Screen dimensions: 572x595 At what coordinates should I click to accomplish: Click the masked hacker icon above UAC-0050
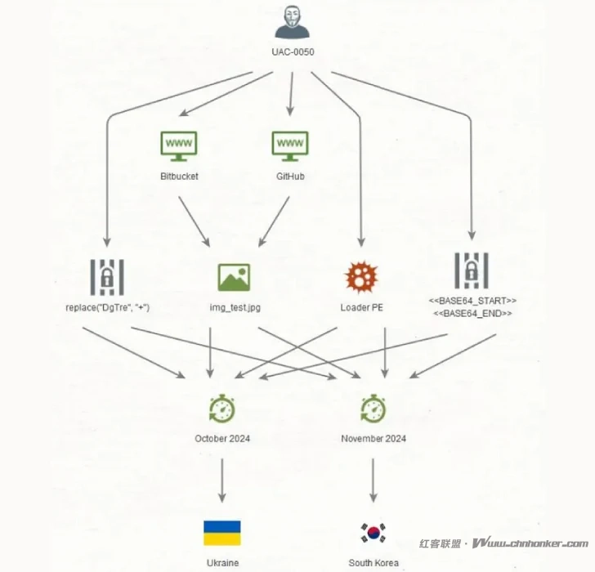click(293, 23)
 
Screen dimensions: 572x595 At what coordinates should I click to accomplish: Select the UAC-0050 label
click(293, 51)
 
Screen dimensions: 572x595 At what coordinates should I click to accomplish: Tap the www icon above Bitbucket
click(179, 145)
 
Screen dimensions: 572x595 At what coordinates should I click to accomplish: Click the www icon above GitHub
click(290, 145)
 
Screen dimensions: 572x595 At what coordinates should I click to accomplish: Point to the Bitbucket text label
click(179, 176)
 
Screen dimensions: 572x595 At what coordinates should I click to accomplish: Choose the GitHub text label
click(290, 176)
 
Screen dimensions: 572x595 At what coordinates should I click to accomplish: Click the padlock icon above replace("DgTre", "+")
click(108, 276)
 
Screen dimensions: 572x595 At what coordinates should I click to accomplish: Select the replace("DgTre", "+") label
click(108, 308)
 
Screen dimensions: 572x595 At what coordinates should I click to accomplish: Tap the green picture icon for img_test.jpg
click(234, 278)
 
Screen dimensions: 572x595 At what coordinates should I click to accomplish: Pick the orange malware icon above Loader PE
click(362, 278)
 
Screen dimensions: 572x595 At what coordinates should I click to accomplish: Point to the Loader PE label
click(362, 308)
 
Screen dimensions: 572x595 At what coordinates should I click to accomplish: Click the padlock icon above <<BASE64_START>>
click(472, 270)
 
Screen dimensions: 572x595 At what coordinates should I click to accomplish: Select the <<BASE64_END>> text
click(472, 314)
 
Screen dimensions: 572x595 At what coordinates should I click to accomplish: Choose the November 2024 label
click(374, 439)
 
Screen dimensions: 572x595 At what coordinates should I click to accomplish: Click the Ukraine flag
click(221, 533)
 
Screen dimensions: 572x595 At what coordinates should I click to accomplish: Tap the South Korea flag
click(374, 533)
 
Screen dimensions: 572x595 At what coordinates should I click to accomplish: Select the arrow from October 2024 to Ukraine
click(221, 480)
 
